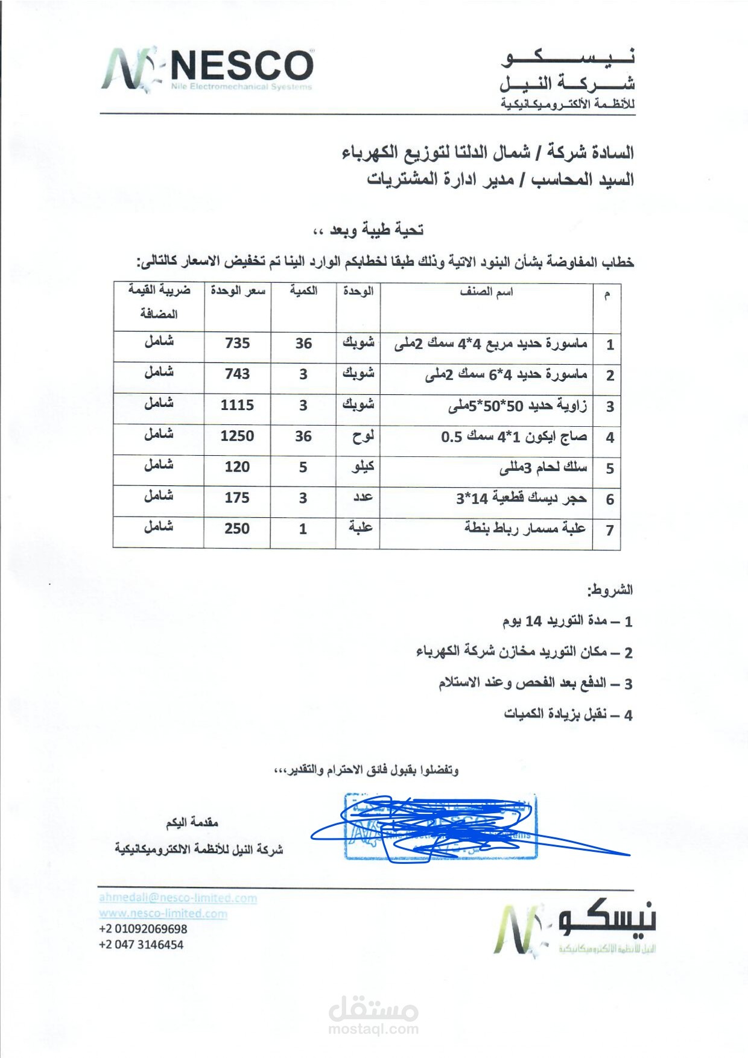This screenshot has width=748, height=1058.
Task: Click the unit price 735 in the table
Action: click(237, 343)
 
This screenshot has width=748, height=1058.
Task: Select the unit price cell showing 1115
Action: click(237, 405)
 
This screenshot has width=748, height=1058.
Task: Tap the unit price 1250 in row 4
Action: click(237, 436)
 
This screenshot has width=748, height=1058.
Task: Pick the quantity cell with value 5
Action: click(303, 467)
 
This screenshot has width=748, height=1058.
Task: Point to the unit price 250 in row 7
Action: click(237, 529)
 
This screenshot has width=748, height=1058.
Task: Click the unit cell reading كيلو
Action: click(363, 467)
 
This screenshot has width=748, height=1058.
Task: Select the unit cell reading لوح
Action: click(363, 436)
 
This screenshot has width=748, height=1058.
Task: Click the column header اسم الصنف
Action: click(486, 292)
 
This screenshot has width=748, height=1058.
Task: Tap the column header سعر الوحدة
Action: click(238, 291)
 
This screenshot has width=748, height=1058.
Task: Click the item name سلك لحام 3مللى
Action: click(543, 468)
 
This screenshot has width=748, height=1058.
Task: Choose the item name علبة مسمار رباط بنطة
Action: click(525, 528)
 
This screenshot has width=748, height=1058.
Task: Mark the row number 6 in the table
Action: click(610, 499)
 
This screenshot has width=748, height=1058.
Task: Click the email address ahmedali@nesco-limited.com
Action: click(178, 898)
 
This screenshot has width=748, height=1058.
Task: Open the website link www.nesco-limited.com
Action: click(163, 913)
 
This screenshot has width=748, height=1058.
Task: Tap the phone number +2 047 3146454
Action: click(141, 945)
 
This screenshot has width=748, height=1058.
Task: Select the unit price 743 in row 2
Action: click(237, 374)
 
